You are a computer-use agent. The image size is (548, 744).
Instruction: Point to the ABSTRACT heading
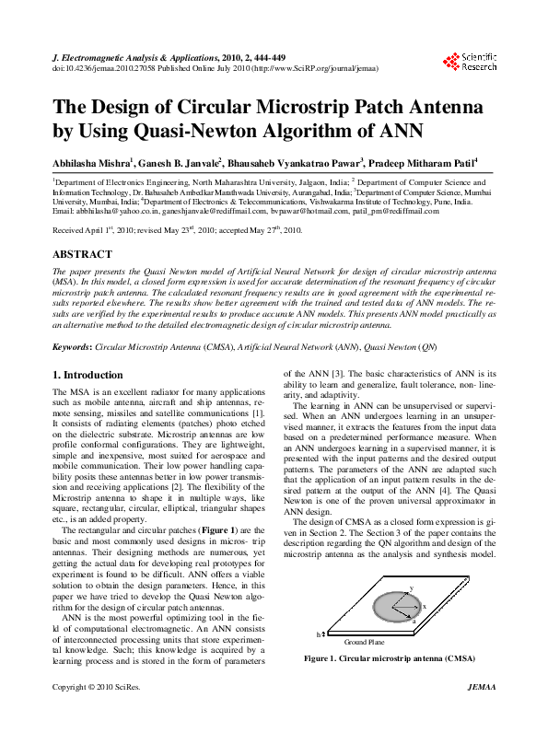tap(83, 254)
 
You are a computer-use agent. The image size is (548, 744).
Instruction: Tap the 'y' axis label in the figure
tap(411, 587)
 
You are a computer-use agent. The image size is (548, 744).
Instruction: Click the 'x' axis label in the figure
tap(424, 607)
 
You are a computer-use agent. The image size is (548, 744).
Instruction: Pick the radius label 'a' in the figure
tap(414, 622)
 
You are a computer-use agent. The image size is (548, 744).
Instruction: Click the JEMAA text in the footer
tap(482, 714)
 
